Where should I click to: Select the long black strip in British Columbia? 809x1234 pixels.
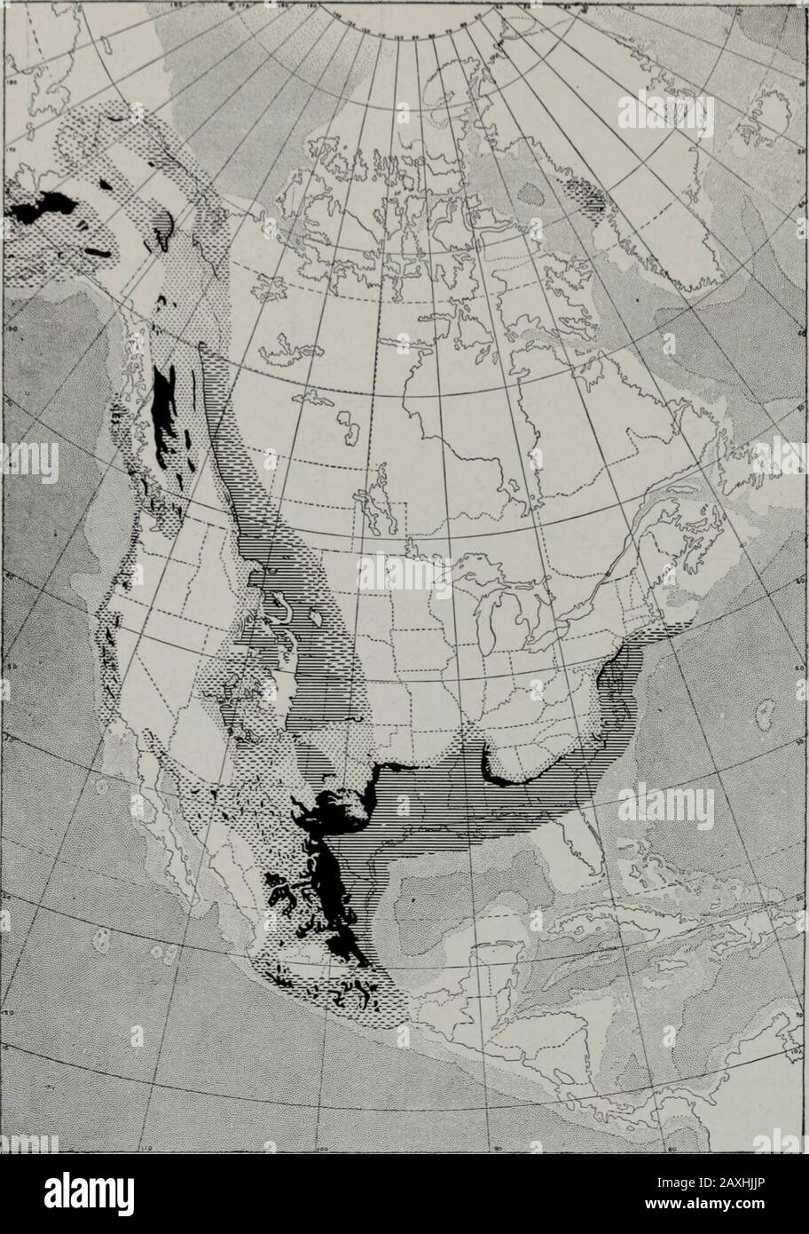click(x=163, y=408)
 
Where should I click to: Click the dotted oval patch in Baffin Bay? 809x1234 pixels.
click(x=534, y=190)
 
